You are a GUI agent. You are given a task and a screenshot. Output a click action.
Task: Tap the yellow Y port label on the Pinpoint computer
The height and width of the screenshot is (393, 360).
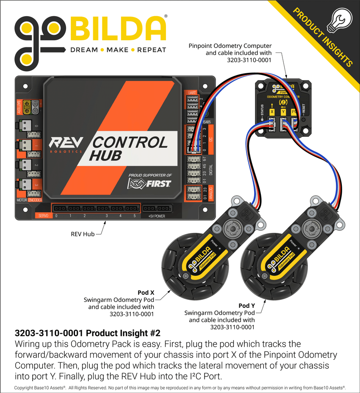(x=283, y=112)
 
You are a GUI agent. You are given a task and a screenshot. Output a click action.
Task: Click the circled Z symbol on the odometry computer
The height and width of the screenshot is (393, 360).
(x=283, y=102)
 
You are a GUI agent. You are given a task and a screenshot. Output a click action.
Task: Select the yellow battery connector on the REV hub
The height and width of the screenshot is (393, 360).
(x=27, y=107)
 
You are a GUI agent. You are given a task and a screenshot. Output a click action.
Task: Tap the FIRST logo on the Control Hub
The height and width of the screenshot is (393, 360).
(x=150, y=183)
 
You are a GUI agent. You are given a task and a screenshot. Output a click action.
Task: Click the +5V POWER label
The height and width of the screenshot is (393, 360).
(x=156, y=216)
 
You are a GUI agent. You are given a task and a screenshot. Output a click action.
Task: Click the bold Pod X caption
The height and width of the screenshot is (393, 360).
(x=146, y=293)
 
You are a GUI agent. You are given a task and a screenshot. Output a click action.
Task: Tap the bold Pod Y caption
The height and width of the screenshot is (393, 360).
(x=246, y=305)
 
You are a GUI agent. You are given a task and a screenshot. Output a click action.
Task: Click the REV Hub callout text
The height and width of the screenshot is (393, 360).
(x=83, y=233)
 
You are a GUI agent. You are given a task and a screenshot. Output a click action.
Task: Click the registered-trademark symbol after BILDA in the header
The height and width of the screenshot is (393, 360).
(x=165, y=16)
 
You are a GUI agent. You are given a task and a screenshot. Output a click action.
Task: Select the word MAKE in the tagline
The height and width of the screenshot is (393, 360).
(x=117, y=50)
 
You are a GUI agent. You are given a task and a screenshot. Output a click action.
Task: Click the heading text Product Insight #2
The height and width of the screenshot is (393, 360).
(x=88, y=333)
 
